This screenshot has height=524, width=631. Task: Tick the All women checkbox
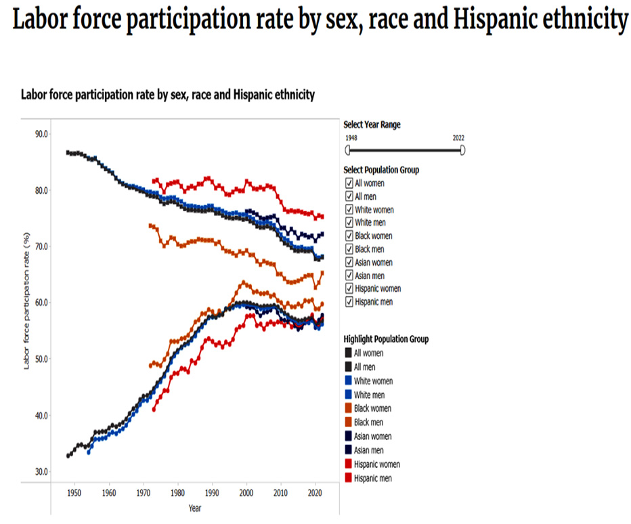(349, 183)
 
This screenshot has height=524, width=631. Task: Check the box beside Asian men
(349, 276)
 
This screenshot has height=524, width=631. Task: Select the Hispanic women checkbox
(349, 288)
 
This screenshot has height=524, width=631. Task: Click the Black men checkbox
(349, 249)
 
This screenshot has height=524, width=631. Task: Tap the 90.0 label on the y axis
(41, 134)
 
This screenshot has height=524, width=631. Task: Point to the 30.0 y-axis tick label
(41, 472)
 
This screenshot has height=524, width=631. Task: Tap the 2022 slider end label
(458, 137)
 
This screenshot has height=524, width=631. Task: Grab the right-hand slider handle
(463, 150)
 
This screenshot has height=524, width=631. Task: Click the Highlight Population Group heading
(386, 339)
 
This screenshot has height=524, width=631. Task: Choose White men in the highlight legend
(368, 395)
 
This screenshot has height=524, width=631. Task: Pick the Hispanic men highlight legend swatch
(348, 478)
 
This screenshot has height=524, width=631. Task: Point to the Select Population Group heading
(381, 170)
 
